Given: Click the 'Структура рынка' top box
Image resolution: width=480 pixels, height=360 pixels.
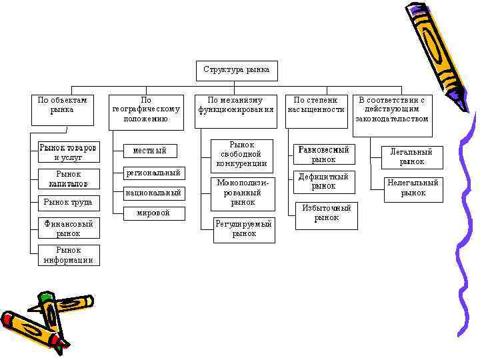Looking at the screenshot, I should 237,70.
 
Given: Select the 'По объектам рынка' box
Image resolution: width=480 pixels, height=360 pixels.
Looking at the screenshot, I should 62,109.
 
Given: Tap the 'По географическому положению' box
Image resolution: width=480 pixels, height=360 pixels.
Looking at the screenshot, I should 146,109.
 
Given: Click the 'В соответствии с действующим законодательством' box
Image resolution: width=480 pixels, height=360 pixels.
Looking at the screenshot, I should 391,109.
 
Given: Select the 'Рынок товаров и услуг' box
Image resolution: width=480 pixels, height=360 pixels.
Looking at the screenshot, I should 68,152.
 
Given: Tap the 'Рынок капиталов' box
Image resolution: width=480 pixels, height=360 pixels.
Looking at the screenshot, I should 68,178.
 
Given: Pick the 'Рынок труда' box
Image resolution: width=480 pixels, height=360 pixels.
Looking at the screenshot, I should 68,202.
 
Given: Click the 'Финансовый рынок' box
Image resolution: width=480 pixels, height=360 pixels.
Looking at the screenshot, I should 68,228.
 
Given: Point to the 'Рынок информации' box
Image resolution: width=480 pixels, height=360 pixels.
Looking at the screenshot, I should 68,255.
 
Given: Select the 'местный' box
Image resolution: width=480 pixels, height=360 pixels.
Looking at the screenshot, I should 149,151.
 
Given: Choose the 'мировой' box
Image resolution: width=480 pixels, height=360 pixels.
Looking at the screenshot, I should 153,213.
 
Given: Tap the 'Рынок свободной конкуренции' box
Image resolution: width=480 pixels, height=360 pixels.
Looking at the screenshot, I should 242,153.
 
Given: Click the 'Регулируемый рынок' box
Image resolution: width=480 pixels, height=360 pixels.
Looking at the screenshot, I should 244,229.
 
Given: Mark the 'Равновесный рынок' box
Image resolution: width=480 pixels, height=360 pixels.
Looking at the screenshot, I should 323,154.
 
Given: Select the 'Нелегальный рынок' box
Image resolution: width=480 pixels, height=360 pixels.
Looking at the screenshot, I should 413,187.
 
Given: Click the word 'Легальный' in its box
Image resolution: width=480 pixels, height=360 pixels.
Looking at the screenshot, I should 412,152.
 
